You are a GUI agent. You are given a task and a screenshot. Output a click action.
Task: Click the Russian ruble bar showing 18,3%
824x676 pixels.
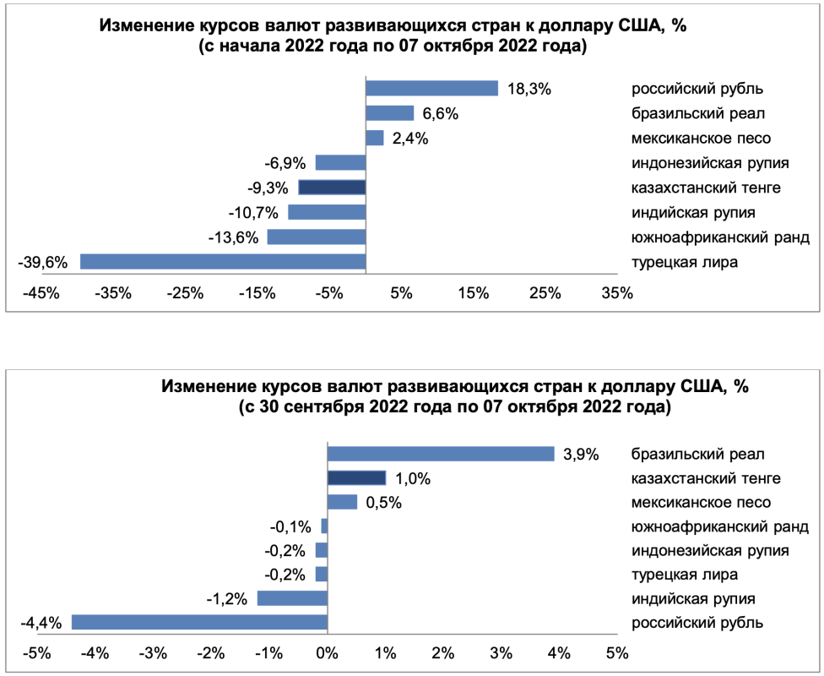(x=431, y=89)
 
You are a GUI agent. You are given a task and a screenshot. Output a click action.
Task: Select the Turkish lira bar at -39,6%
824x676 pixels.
(x=223, y=261)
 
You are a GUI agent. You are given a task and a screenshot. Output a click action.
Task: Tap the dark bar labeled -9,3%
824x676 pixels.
(x=332, y=188)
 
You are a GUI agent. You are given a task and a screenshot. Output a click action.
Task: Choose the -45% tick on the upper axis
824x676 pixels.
(x=41, y=294)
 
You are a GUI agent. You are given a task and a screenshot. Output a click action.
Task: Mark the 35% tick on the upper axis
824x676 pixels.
(x=617, y=294)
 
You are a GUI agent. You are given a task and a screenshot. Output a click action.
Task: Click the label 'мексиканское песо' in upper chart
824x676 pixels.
(x=701, y=138)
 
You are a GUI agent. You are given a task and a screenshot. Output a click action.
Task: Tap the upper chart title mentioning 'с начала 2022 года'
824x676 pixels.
(x=393, y=48)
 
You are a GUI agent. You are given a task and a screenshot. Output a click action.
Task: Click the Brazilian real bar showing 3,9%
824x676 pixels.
(x=441, y=454)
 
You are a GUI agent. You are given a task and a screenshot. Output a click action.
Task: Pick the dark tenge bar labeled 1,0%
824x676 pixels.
(x=356, y=478)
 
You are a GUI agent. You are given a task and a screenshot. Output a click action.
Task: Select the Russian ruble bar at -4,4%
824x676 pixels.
(x=199, y=623)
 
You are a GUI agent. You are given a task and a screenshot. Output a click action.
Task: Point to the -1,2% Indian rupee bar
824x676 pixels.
(x=292, y=598)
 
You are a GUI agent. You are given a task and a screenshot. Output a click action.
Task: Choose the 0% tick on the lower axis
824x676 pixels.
(x=327, y=653)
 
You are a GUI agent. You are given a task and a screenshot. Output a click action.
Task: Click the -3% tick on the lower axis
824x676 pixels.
(x=153, y=653)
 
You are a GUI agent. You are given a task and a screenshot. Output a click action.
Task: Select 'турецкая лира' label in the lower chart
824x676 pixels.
(x=685, y=575)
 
